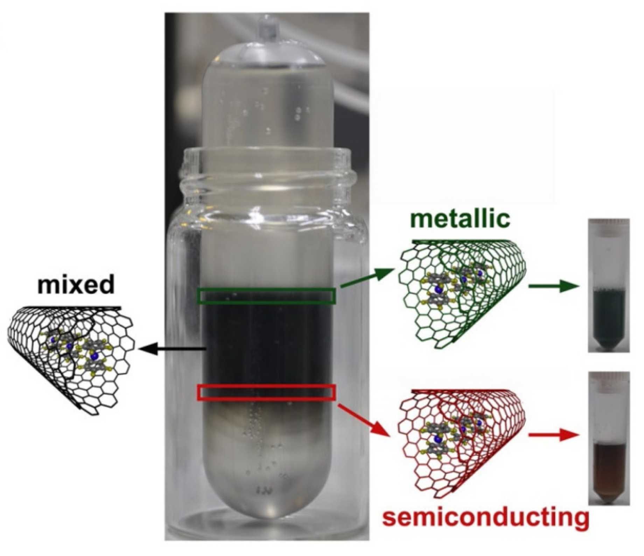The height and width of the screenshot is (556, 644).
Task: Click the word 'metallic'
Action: [x=461, y=220]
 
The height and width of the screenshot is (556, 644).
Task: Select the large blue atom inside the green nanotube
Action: [x=437, y=290]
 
